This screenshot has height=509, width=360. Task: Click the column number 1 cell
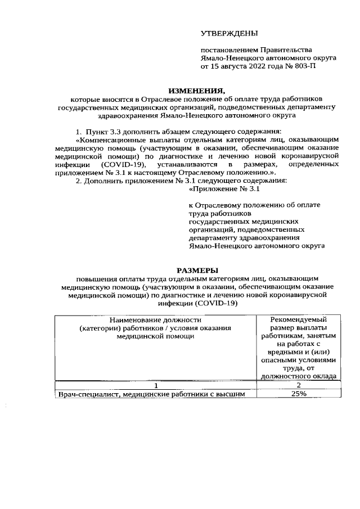pos(156,385)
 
